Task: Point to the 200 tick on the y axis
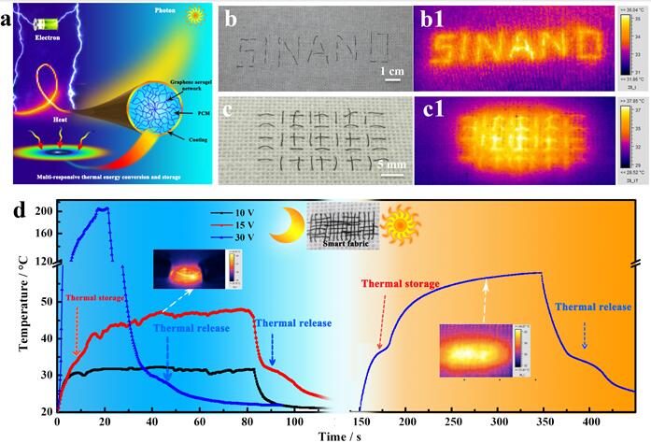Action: (44, 211)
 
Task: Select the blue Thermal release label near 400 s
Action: (591, 307)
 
